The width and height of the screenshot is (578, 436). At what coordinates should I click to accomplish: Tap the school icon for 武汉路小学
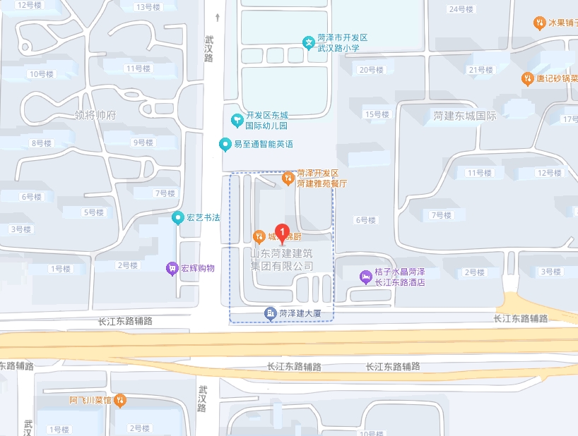click(x=309, y=42)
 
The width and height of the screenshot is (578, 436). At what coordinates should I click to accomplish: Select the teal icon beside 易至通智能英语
click(x=225, y=145)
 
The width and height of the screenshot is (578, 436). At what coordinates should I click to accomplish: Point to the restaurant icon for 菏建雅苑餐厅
click(x=288, y=178)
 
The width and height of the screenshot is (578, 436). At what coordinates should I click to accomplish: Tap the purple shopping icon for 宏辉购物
click(x=172, y=268)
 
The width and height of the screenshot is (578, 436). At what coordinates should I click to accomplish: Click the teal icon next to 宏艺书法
click(x=177, y=217)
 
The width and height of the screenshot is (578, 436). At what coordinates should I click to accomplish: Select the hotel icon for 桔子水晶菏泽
click(x=365, y=277)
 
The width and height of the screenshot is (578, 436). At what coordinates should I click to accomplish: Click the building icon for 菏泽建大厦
click(x=269, y=313)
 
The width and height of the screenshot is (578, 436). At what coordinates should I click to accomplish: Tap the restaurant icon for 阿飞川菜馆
click(x=120, y=400)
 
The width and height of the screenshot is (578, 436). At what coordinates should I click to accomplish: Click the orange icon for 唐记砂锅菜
click(x=527, y=78)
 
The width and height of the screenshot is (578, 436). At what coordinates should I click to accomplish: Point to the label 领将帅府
click(x=95, y=114)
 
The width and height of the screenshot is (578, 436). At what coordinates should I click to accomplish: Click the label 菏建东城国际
click(x=465, y=116)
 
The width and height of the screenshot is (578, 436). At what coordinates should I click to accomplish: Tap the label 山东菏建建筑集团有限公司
click(x=282, y=260)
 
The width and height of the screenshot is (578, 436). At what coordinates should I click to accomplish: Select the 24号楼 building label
click(x=461, y=9)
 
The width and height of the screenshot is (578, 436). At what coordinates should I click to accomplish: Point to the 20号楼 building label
click(x=371, y=70)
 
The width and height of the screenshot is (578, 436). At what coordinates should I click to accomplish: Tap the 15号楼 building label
click(x=377, y=114)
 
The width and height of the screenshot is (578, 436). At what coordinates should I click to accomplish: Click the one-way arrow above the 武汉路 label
click(x=217, y=17)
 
